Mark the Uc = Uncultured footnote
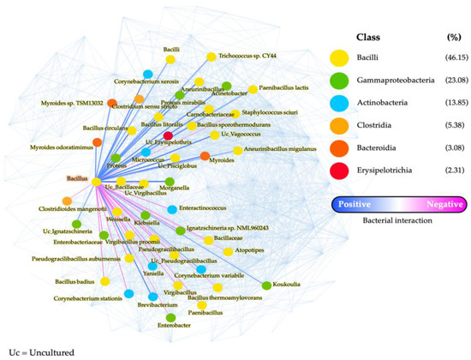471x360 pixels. point(33,352)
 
